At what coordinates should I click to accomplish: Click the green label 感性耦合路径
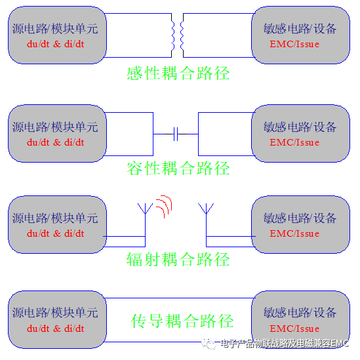click(x=178, y=73)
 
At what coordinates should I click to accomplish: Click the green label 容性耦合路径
click(x=178, y=169)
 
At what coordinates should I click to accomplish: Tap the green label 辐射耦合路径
click(x=178, y=260)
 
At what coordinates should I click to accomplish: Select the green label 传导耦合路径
click(x=182, y=321)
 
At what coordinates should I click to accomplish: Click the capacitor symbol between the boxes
click(x=176, y=134)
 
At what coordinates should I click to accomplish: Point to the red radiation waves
click(x=164, y=207)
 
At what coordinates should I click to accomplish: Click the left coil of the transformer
click(x=172, y=35)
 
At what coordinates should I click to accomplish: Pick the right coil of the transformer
click(x=182, y=35)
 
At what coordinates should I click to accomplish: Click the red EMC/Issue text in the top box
click(x=294, y=44)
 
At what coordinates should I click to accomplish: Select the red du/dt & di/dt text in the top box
click(x=55, y=44)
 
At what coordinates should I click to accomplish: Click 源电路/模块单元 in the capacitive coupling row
click(x=55, y=127)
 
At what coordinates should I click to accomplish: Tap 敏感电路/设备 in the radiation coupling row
click(x=300, y=218)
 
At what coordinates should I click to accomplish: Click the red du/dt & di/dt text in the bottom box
click(x=55, y=329)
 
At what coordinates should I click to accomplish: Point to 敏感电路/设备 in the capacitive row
click(x=300, y=127)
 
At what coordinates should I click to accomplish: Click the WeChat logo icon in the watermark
click(x=209, y=344)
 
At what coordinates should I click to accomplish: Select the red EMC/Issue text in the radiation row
click(x=294, y=233)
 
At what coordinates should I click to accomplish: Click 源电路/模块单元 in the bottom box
click(x=55, y=313)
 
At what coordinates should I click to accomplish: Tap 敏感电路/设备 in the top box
click(x=300, y=29)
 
